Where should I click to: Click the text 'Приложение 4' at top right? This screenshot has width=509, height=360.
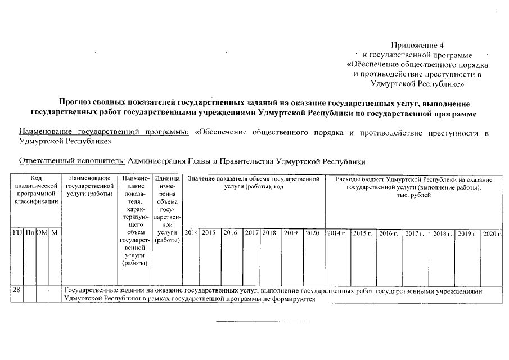coord(417,45)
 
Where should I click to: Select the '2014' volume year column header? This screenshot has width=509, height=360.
coord(191,232)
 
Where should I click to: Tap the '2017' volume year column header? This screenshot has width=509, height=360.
coord(251,232)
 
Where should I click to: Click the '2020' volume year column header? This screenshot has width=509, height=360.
coord(312,232)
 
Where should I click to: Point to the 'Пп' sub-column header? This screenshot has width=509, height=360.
coord(28,232)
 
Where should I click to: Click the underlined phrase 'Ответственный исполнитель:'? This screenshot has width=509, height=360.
coord(73,160)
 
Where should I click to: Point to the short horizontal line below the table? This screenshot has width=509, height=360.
coord(263,322)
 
